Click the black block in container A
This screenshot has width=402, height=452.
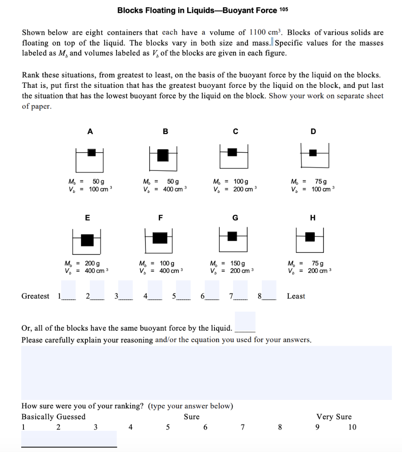pos(92,152)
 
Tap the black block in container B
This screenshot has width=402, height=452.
pos(163,155)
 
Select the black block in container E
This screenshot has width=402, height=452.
pos(88,240)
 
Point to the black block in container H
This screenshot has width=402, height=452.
pos(310,237)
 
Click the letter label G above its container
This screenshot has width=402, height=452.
pos(235,218)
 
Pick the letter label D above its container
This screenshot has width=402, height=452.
pos(314,131)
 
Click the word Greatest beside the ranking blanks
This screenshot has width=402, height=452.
pos(35,296)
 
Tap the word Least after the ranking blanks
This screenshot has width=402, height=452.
pos(296,296)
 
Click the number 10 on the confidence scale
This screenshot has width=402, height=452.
pos(352,427)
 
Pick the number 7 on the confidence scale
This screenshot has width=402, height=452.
pos(242,427)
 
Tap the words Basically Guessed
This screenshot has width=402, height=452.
pos(54,417)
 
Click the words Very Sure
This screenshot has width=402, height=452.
pos(334,417)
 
